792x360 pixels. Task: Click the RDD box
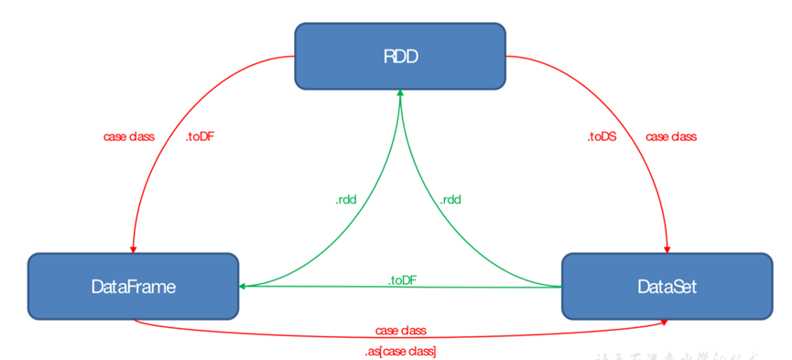click(399, 55)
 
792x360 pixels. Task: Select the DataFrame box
click(133, 287)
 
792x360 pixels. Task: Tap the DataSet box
click(667, 287)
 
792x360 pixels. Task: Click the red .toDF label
click(200, 136)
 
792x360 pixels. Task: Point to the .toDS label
click(602, 136)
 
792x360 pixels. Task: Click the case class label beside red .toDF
click(128, 136)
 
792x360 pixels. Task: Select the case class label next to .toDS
click(671, 136)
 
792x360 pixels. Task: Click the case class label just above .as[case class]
click(400, 330)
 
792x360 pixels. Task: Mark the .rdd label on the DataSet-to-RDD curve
click(450, 198)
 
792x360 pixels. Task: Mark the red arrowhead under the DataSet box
click(662, 323)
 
